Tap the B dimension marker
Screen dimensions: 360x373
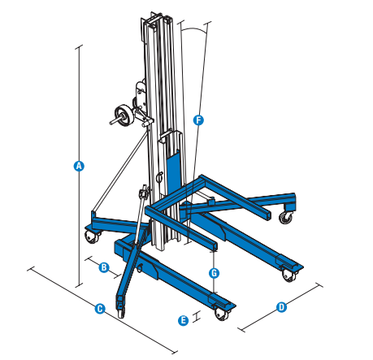104,267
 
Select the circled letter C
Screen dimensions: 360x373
99,308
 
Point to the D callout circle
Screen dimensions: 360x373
280,307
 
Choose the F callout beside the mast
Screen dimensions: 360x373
197,119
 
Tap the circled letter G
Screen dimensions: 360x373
214,272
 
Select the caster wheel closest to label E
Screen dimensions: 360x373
222,313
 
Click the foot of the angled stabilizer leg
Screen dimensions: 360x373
122,310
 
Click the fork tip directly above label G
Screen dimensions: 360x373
215,243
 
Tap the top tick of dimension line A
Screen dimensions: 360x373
79,46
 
